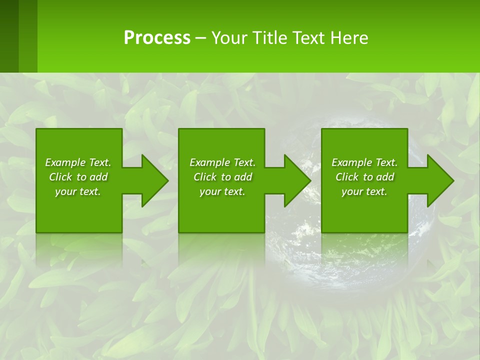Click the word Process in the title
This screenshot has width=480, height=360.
click(157, 38)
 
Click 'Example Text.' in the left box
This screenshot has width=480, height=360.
click(78, 162)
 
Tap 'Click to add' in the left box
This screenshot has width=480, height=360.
click(78, 177)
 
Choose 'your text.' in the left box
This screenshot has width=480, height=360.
click(78, 191)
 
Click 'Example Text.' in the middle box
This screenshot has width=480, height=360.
click(222, 162)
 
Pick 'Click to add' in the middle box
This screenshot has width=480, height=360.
click(222, 177)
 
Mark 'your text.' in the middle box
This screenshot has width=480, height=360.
click(222, 191)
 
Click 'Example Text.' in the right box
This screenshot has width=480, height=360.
click(364, 162)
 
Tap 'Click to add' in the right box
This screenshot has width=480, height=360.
click(364, 177)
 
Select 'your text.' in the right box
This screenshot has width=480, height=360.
click(364, 191)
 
